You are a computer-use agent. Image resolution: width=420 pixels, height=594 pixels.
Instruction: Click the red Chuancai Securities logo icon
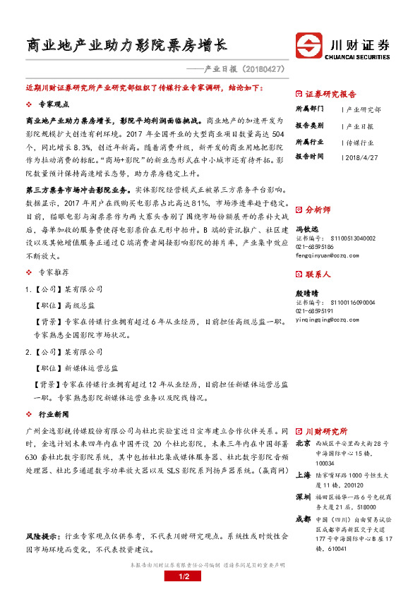pos(310,46)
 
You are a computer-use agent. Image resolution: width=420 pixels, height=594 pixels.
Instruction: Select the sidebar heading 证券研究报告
pos(330,94)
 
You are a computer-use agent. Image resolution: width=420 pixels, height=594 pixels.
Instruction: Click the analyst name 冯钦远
pos(306,229)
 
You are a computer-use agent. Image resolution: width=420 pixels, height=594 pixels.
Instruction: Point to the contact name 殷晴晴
pos(306,292)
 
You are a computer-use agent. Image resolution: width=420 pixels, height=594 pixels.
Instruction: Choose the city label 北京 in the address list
pos(302,443)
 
